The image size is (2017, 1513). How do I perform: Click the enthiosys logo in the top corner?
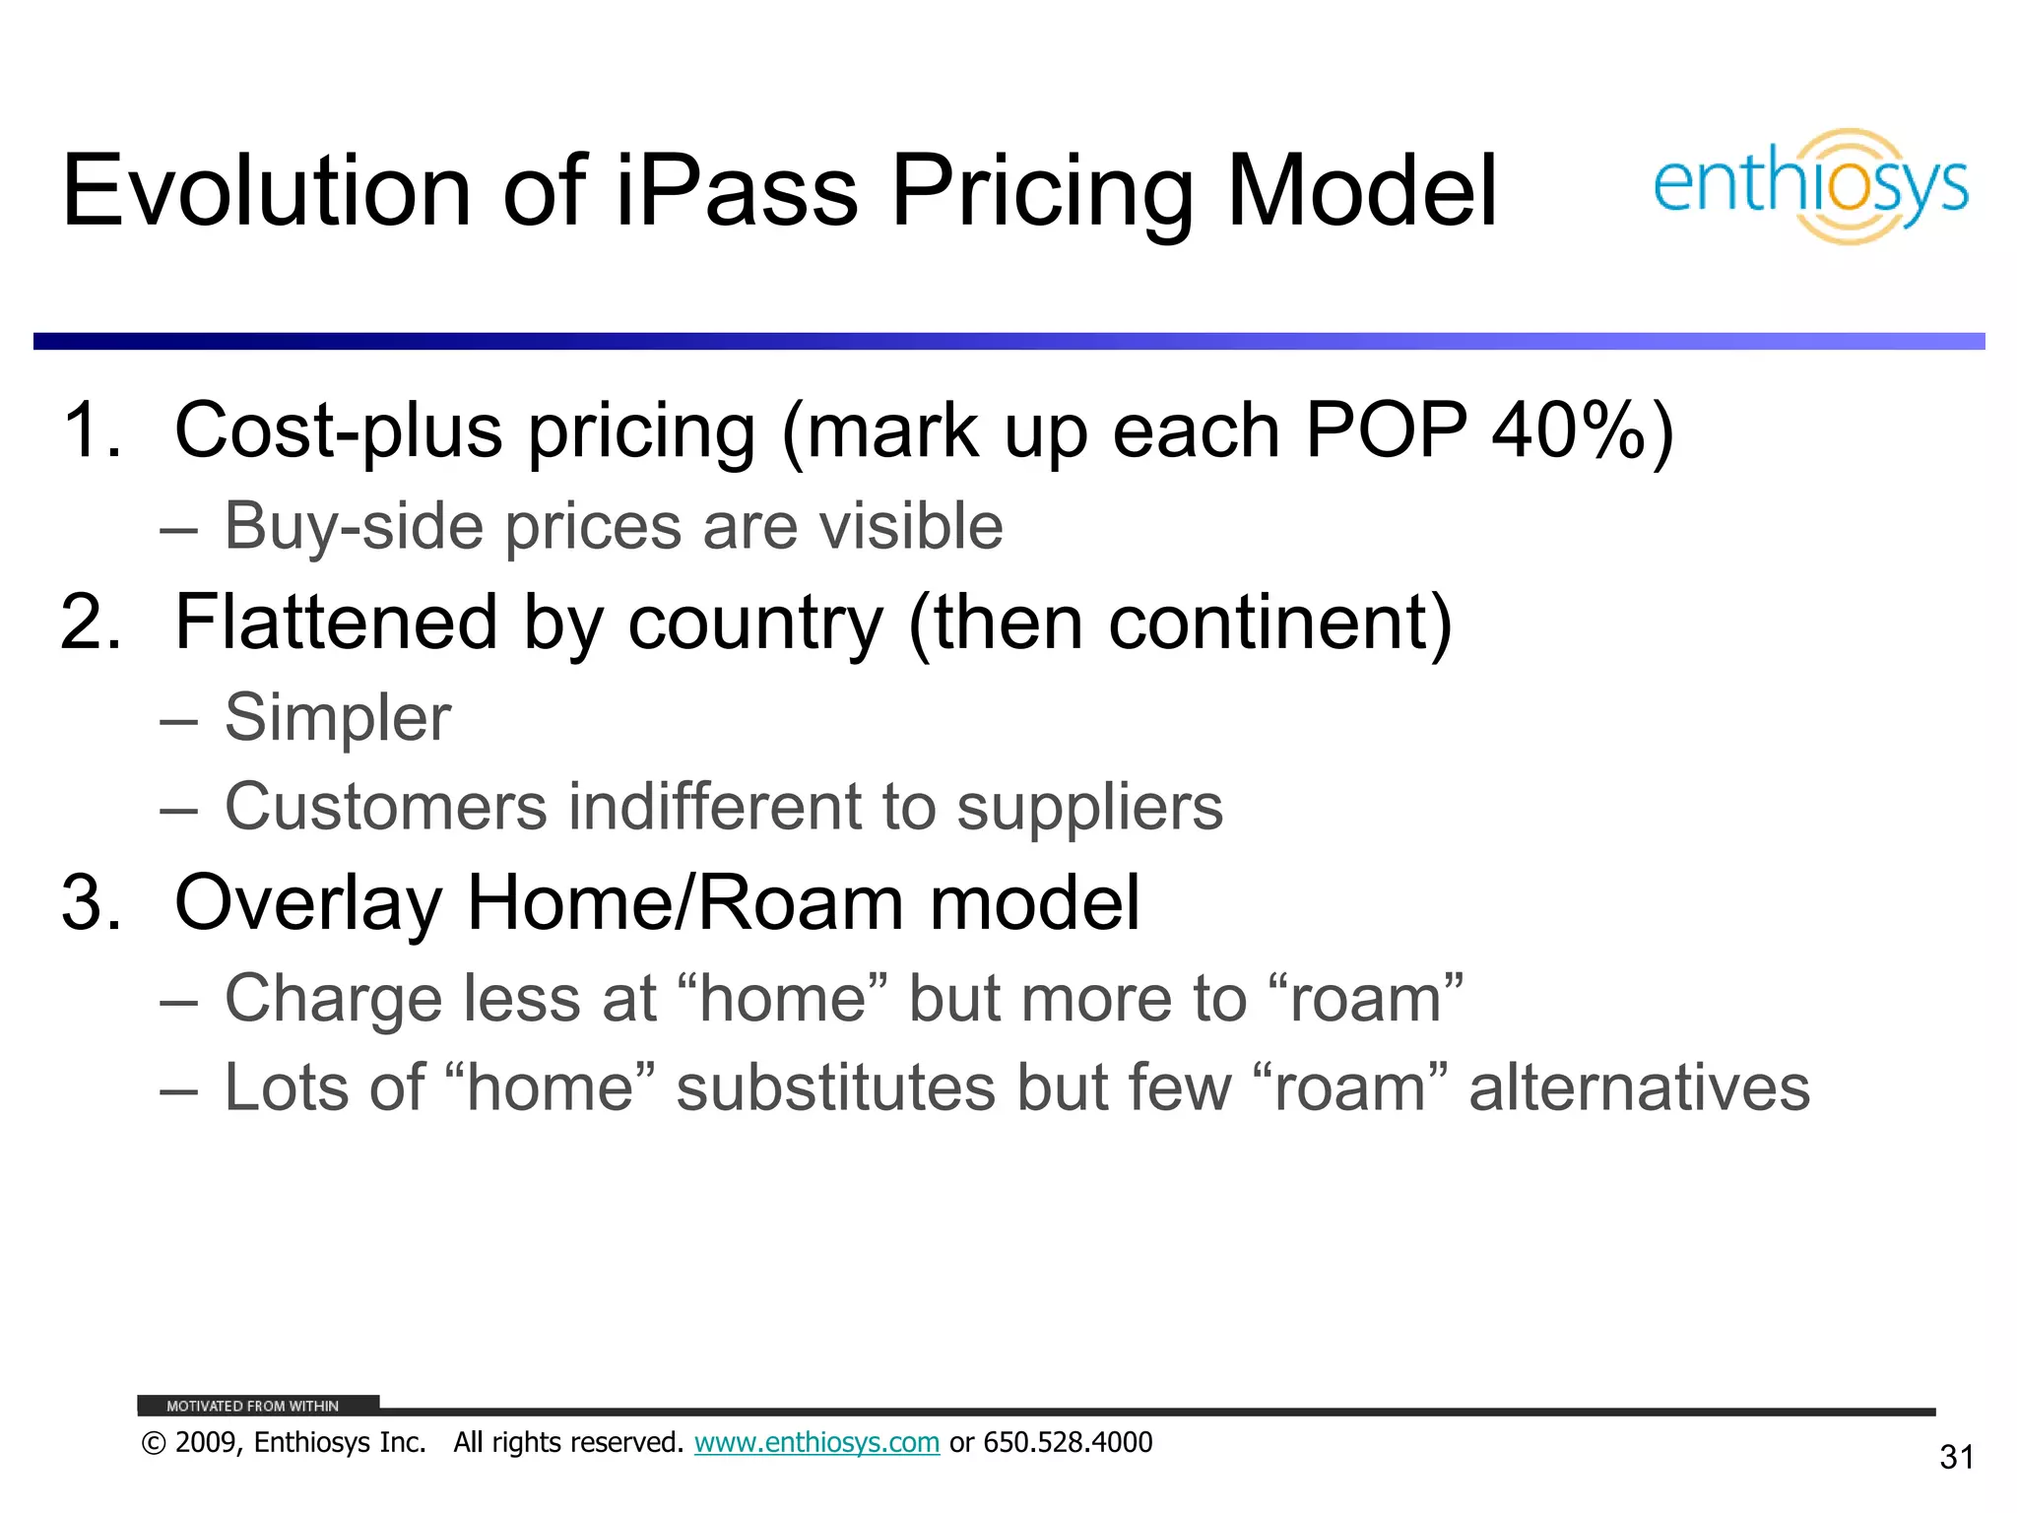point(1810,186)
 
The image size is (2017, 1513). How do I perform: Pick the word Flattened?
point(336,623)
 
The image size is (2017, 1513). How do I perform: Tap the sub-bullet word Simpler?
point(338,717)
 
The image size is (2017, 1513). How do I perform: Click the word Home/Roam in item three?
point(684,902)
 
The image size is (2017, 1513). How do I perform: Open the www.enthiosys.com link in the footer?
point(816,1442)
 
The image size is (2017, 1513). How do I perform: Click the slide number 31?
point(1956,1457)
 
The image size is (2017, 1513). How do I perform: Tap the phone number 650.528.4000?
point(1068,1442)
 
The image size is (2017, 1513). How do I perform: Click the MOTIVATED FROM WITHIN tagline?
point(252,1406)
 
